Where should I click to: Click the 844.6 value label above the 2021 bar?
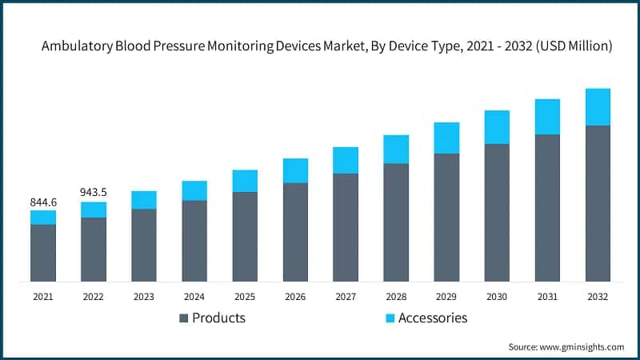coord(43,202)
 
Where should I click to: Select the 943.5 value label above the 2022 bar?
coord(94,193)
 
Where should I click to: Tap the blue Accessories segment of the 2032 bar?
coord(598,106)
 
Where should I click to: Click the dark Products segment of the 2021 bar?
coord(43,253)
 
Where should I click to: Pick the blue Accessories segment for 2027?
coord(346,160)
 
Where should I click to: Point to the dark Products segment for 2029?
coord(446,217)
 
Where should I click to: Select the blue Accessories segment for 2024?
coord(194,190)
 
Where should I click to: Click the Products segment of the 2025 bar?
coord(245,236)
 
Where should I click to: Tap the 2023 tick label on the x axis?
coord(144,296)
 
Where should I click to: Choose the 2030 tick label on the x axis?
coord(497,296)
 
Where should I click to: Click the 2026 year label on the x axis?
coord(295,296)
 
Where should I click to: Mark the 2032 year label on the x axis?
coord(598,296)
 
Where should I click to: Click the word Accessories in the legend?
coord(433,318)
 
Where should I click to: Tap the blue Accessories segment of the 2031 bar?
coord(547,117)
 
